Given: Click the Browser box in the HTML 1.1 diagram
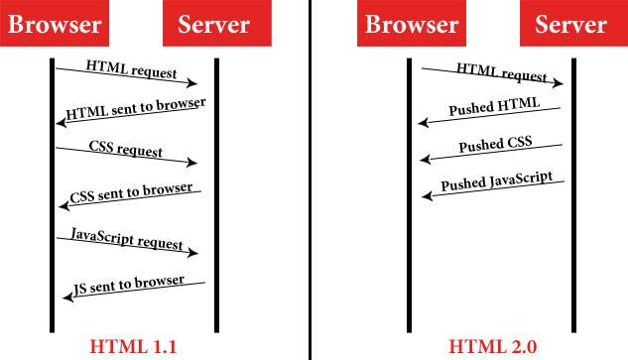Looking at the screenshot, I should pos(55,26).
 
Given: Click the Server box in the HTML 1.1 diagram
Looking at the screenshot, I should pos(213,26).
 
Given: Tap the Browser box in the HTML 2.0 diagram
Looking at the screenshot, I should pos(410,26).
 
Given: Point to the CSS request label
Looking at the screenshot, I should pos(125,153).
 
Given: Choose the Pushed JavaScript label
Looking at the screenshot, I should pos(496,182).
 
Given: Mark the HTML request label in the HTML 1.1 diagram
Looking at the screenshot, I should pos(131,71).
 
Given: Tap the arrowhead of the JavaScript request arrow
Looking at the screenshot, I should pos(195,254).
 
